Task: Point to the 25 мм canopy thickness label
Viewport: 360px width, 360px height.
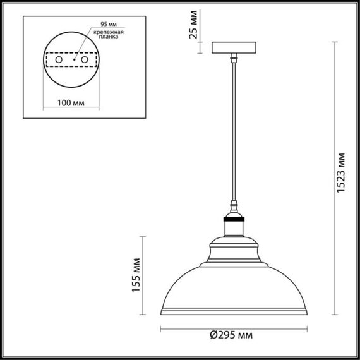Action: tap(195, 28)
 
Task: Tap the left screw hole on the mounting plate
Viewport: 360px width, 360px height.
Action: tap(59, 59)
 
